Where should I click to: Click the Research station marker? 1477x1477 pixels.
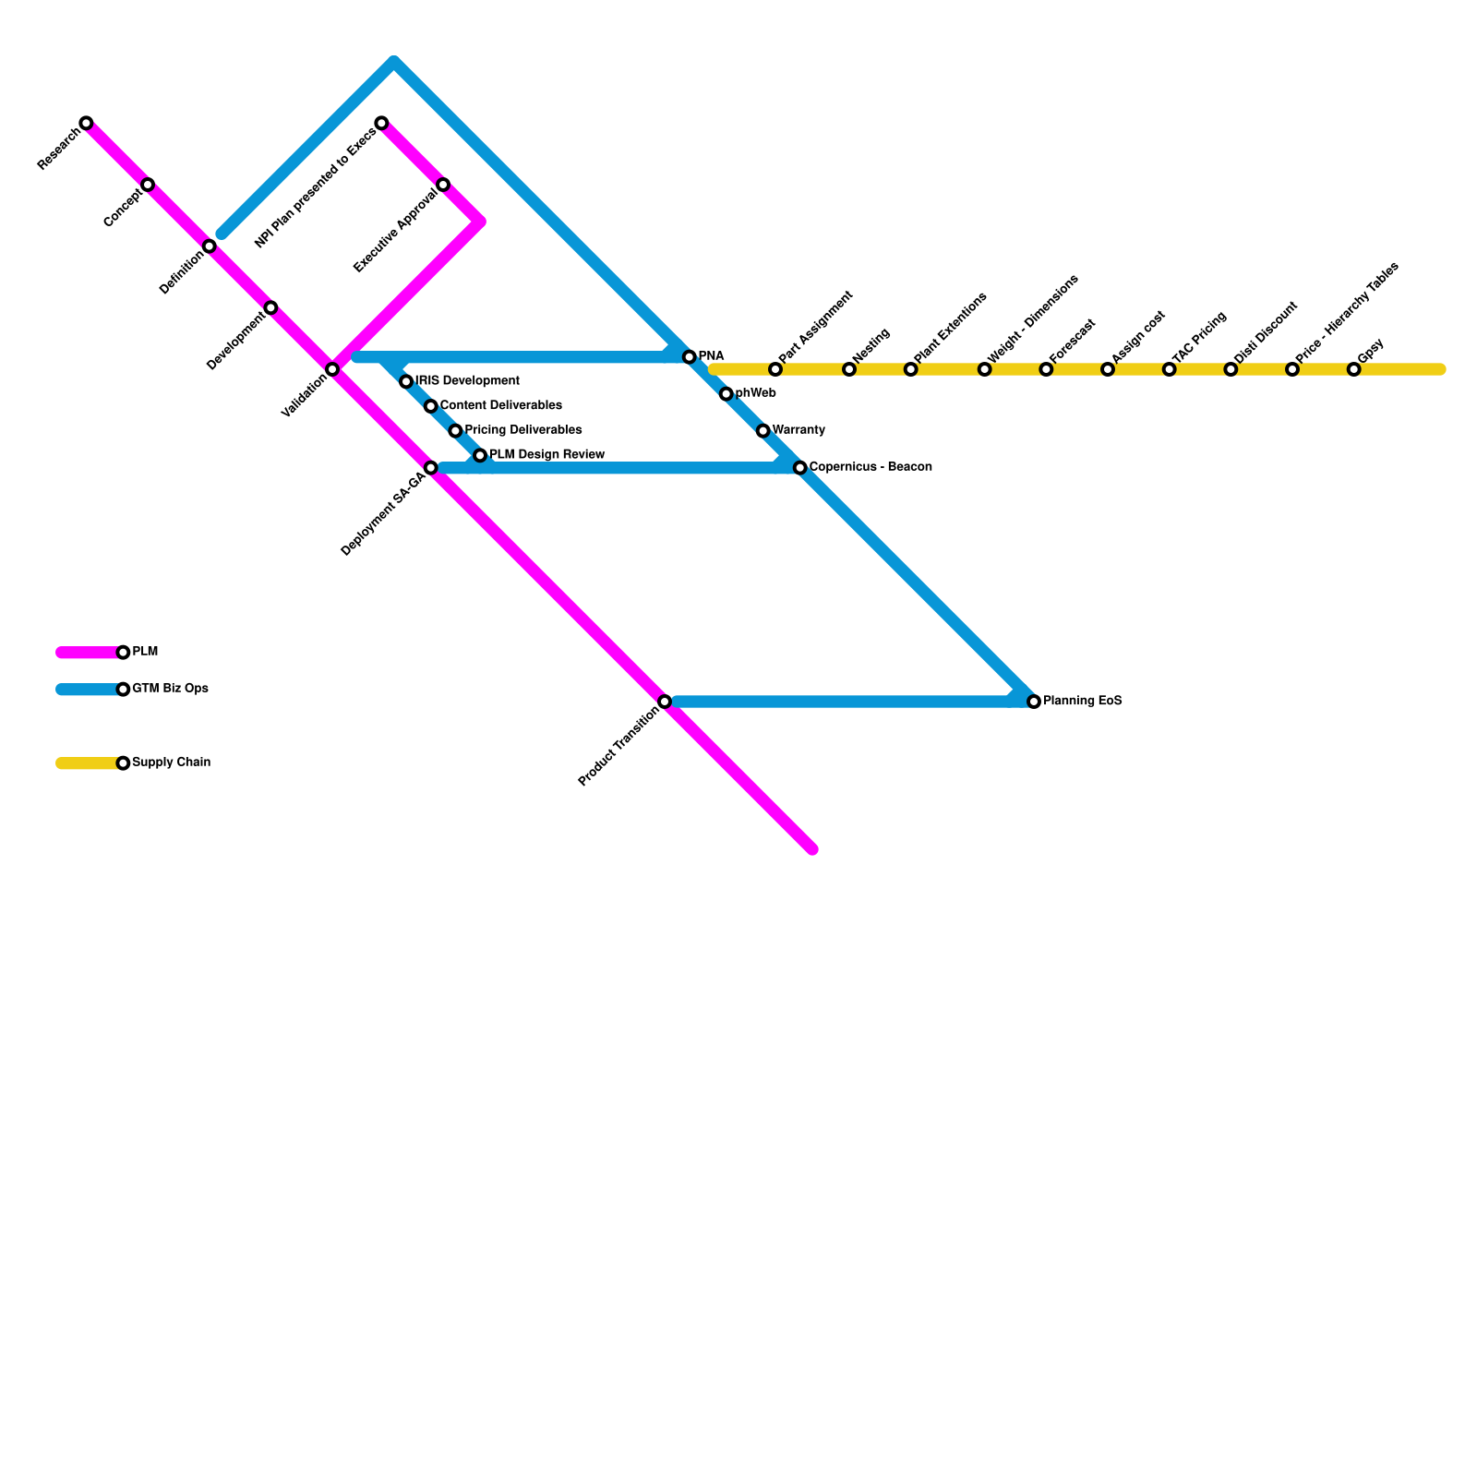click(86, 123)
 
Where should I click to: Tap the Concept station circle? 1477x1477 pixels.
click(148, 185)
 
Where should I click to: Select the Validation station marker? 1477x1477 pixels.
click(332, 369)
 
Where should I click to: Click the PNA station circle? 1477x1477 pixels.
click(689, 357)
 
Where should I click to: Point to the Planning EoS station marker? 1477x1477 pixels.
click(1034, 702)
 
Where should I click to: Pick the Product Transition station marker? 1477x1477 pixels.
click(665, 702)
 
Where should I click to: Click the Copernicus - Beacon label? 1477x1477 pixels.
click(870, 467)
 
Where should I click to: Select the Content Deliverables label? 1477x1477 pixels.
click(500, 406)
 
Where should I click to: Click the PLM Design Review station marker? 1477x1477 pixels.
click(480, 455)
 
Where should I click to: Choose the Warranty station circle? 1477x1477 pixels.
click(763, 431)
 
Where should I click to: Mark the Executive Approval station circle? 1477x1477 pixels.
click(443, 185)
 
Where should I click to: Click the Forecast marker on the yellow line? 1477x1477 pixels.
click(1046, 369)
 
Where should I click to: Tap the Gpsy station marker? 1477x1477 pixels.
click(1353, 369)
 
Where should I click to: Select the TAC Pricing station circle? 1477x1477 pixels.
click(1169, 369)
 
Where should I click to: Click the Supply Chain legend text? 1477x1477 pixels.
click(171, 763)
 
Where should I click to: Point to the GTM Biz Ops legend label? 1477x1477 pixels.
click(170, 689)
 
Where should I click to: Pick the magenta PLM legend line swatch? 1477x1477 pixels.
click(88, 653)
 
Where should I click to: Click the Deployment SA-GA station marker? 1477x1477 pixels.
click(430, 468)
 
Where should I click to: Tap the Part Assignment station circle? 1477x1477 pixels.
click(775, 369)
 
